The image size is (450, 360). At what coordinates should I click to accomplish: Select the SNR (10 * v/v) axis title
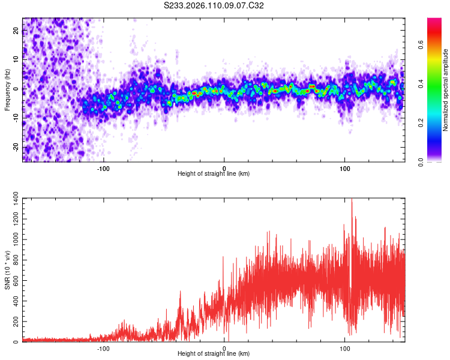7,270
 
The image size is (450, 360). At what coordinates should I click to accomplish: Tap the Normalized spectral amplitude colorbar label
446,90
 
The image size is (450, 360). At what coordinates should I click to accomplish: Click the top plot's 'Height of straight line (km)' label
214,174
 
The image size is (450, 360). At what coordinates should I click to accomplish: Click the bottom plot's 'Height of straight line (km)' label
214,354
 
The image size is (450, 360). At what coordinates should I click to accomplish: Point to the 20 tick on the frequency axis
16,31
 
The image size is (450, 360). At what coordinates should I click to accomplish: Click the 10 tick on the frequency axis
16,60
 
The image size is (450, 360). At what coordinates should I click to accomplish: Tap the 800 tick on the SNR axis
14,260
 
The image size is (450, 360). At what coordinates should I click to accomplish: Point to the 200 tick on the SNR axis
14,322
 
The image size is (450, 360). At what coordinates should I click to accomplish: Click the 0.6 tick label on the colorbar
421,44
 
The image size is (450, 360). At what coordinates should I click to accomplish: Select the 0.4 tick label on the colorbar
421,83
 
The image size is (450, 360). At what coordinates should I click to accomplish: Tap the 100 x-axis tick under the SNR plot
345,347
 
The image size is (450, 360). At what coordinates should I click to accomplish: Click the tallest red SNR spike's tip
352,199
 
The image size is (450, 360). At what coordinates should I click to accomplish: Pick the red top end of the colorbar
434,22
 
